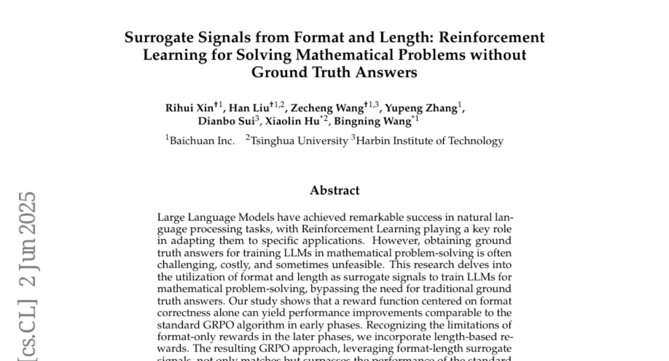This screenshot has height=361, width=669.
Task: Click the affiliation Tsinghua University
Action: (x=299, y=141)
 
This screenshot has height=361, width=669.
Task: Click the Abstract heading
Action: (x=334, y=191)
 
